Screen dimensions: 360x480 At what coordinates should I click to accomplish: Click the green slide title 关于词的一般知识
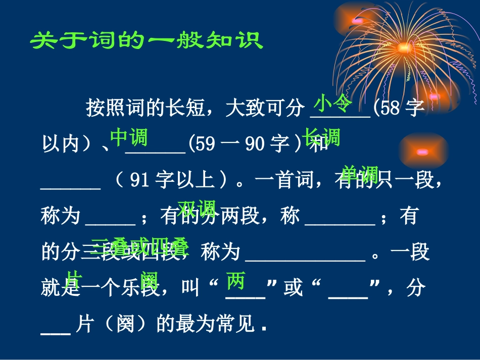tap(147, 41)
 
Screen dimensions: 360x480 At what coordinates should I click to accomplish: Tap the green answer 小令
tap(332, 103)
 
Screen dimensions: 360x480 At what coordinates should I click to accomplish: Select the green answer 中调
tap(128, 137)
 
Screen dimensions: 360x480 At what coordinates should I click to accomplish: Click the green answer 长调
tap(322, 137)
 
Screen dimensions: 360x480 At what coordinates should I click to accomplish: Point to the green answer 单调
tap(360, 174)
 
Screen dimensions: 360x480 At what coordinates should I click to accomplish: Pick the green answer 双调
tap(197, 208)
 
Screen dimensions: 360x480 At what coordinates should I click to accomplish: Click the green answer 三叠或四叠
tap(140, 247)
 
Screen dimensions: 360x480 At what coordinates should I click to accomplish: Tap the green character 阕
tap(150, 281)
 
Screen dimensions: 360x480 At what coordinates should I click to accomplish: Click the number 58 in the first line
tap(390, 109)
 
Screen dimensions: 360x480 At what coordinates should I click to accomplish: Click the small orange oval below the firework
tap(422, 151)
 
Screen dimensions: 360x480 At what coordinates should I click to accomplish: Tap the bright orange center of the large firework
tap(404, 48)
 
